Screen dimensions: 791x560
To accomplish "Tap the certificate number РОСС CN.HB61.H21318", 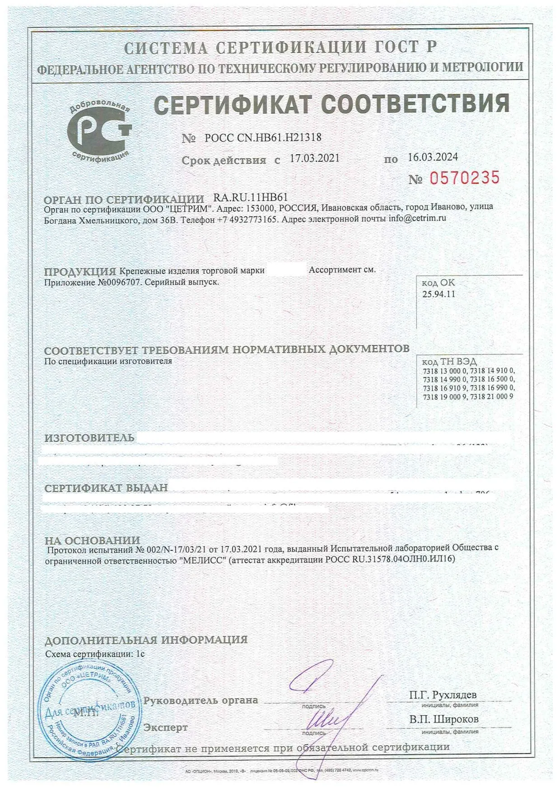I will (263, 138).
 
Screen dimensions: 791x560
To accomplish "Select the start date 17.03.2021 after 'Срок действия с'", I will (314, 158).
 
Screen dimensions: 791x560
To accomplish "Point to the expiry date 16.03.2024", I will (433, 157).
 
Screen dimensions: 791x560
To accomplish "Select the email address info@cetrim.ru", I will (417, 218).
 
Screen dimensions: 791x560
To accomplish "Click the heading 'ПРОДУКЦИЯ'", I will (80, 271).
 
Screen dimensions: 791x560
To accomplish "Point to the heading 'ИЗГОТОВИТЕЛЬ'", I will (89, 437).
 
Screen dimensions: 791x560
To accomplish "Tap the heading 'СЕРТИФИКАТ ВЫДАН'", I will (106, 487).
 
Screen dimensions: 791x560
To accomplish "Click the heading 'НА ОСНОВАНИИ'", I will (92, 540).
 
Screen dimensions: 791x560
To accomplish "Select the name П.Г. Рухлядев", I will (443, 694).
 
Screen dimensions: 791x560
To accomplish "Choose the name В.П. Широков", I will (443, 719).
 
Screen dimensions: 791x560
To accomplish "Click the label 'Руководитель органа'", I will (201, 700).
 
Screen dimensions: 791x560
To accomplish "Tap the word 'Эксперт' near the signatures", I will (165, 727).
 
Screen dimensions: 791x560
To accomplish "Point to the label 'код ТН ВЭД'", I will (449, 362).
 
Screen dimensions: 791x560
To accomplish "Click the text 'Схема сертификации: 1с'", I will (95, 653).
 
